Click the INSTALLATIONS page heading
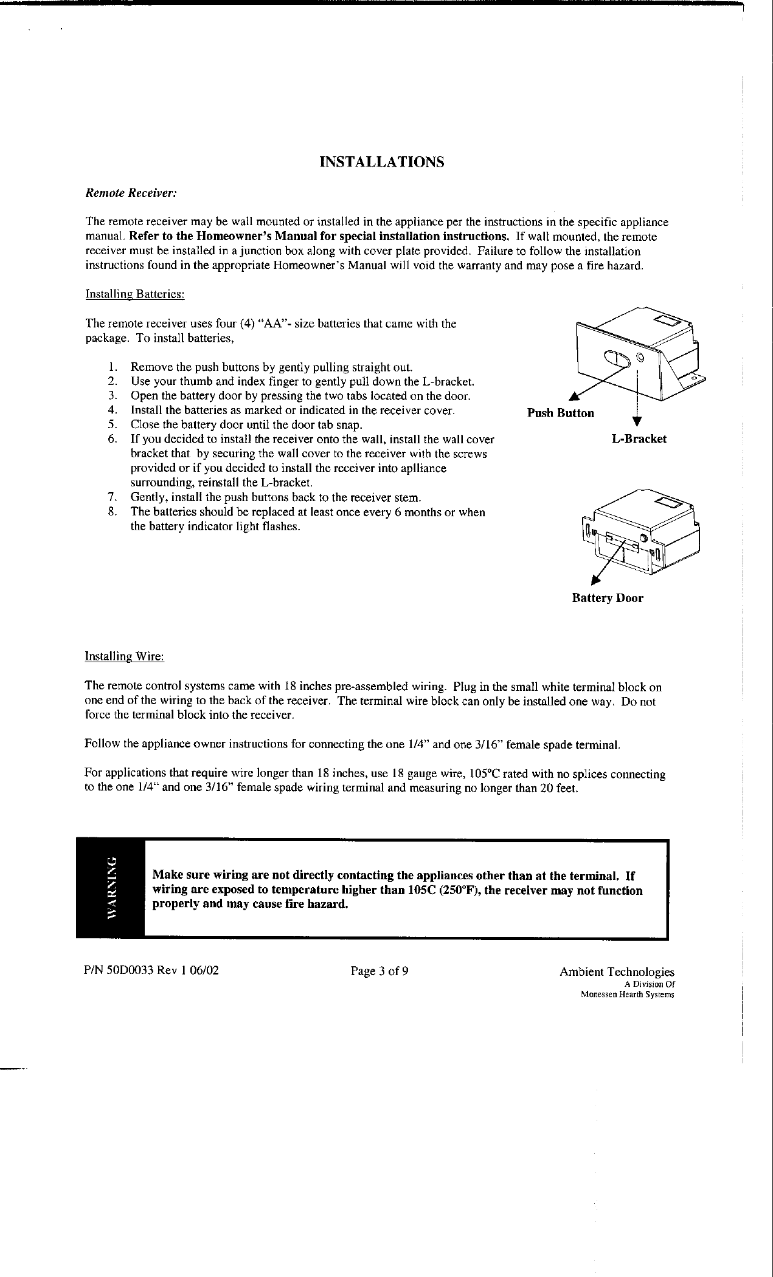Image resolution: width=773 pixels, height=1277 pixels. point(382,162)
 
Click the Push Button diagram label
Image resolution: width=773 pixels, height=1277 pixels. point(560,414)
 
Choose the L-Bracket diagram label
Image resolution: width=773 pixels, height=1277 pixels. point(639,439)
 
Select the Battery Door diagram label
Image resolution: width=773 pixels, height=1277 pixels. point(607,598)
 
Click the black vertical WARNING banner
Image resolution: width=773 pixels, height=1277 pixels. point(111,888)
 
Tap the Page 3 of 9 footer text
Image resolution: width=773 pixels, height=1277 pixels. point(380,971)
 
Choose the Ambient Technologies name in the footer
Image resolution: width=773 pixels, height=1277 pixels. point(617,972)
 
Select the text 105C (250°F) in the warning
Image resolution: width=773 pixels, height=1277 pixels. point(447,891)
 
